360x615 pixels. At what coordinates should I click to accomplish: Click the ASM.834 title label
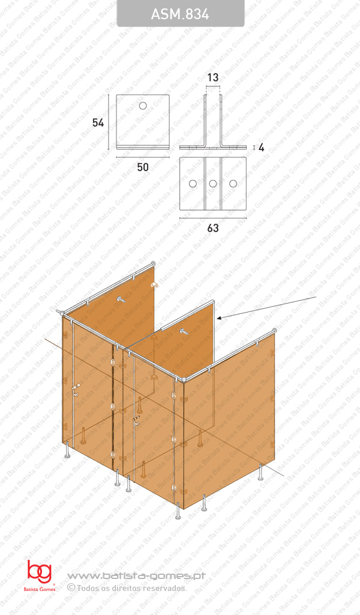[x=180, y=14]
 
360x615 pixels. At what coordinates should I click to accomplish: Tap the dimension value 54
[x=98, y=122]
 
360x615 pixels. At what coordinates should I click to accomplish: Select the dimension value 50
[x=142, y=167]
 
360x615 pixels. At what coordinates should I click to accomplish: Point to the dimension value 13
[x=212, y=77]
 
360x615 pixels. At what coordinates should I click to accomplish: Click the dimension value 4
[x=261, y=147]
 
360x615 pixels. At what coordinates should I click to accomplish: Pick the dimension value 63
[x=212, y=228]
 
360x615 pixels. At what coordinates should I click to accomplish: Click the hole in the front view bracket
[x=143, y=106]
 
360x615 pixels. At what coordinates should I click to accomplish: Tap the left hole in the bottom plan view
[x=193, y=183]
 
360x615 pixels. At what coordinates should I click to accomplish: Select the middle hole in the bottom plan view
[x=212, y=183]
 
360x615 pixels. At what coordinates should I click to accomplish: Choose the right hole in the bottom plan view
[x=232, y=183]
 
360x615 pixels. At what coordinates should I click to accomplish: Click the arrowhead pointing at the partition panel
[x=220, y=317]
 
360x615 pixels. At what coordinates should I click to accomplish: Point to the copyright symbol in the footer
[x=71, y=587]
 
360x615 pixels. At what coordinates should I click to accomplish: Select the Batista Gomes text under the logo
[x=39, y=590]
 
